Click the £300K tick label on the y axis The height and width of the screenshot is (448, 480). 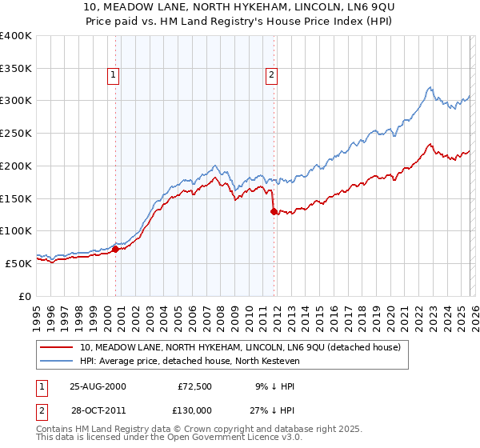pos(16,101)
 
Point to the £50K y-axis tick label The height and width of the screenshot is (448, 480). pos(18,263)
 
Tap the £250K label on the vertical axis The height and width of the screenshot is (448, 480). pos(16,134)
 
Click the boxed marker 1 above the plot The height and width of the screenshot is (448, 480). pos(113,75)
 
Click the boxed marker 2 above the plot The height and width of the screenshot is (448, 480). pos(271,75)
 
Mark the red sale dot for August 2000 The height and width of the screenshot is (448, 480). pos(116,249)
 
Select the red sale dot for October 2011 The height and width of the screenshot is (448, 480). pos(274,211)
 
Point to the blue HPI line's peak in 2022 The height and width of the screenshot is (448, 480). pos(430,87)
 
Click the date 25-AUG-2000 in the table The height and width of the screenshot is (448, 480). pos(98,386)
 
